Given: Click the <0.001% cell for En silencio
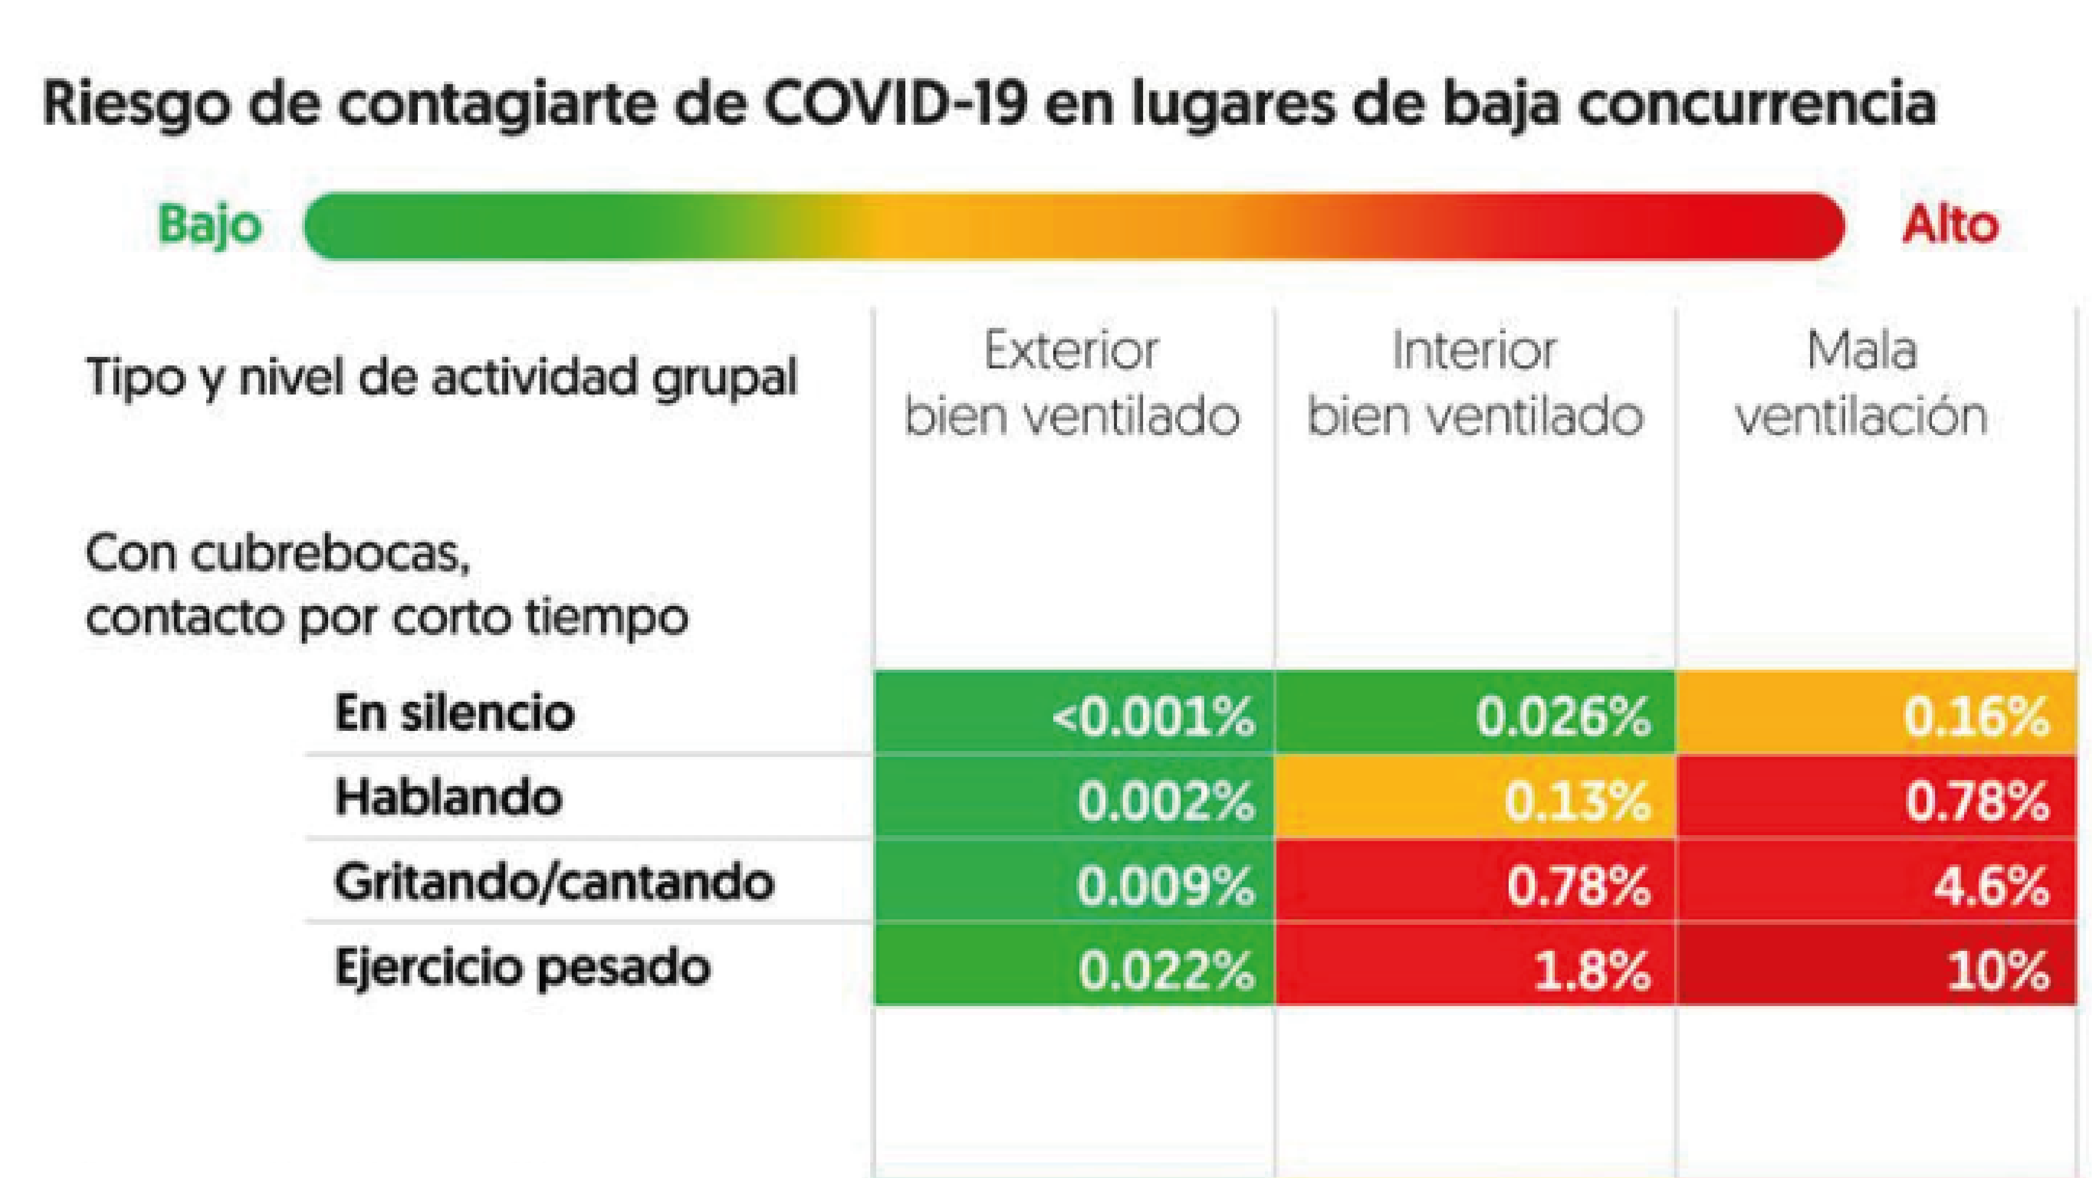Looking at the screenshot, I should click(x=1074, y=714).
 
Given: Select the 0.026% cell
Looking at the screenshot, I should click(x=1475, y=714).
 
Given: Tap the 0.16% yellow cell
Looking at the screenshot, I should click(x=1876, y=714).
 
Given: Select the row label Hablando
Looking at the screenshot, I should click(x=448, y=797).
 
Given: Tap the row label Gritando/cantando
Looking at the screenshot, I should click(x=554, y=882).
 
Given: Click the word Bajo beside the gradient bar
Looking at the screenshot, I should click(x=210, y=225).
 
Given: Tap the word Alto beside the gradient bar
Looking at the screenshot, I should click(x=1950, y=225).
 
